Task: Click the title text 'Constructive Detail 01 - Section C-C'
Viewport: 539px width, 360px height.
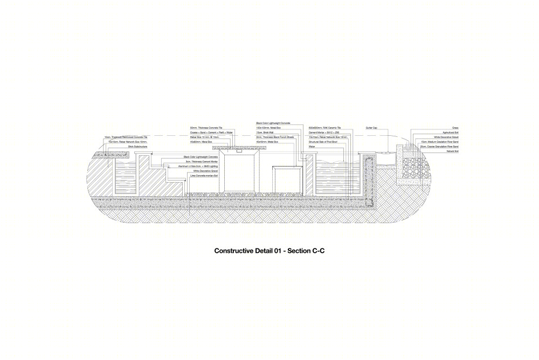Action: [269, 251]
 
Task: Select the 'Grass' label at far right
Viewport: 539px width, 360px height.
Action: [455, 128]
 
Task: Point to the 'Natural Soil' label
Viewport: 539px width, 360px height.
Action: [452, 151]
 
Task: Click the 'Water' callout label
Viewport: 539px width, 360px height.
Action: [312, 146]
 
